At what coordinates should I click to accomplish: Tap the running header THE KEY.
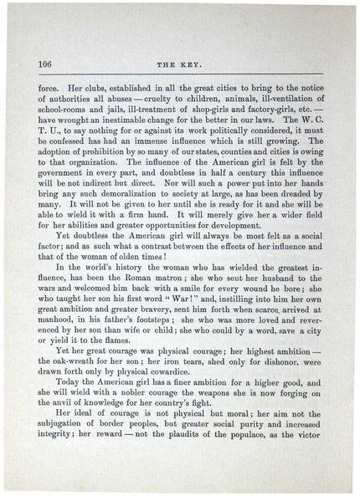tap(180, 65)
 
